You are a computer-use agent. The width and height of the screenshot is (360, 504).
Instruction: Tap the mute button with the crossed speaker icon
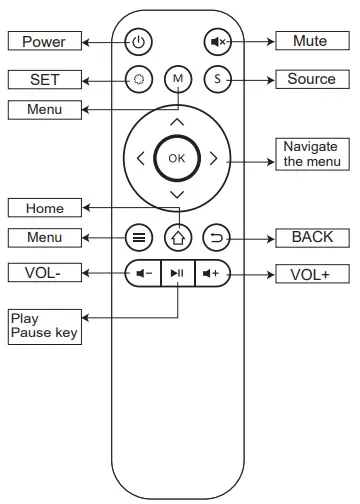pyautogui.click(x=217, y=42)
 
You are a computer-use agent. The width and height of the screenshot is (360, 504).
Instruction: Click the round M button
pyautogui.click(x=177, y=78)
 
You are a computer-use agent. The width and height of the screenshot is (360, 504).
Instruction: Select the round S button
pyautogui.click(x=217, y=78)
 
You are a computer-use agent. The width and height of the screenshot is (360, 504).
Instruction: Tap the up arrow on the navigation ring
pyautogui.click(x=177, y=122)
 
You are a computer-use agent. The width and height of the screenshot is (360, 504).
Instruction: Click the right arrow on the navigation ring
pyautogui.click(x=213, y=157)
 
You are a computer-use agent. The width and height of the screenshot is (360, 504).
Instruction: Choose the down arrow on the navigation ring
pyautogui.click(x=177, y=192)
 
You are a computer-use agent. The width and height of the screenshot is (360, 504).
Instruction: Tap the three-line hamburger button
pyautogui.click(x=138, y=238)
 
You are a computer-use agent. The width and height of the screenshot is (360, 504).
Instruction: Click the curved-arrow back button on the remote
pyautogui.click(x=216, y=238)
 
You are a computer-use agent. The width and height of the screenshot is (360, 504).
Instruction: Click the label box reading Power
pyautogui.click(x=43, y=42)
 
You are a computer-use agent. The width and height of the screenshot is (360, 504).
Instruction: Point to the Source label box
pyautogui.click(x=311, y=78)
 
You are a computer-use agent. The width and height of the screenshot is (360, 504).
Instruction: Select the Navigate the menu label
pyautogui.click(x=311, y=153)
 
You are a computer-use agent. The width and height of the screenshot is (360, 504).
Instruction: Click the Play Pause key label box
pyautogui.click(x=43, y=325)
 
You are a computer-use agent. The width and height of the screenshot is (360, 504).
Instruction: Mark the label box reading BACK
pyautogui.click(x=311, y=238)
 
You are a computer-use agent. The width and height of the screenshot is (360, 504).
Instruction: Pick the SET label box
pyautogui.click(x=43, y=78)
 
